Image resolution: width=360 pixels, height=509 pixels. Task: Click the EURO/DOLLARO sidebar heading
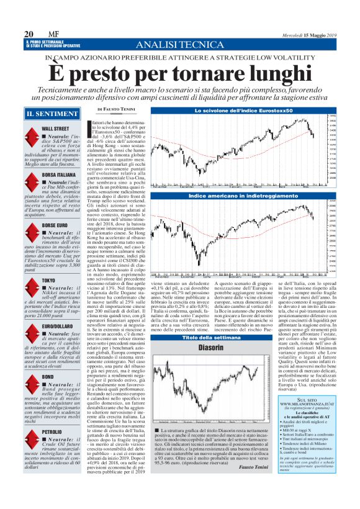(62, 326)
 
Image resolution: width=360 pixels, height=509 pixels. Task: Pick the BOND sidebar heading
(47, 377)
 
